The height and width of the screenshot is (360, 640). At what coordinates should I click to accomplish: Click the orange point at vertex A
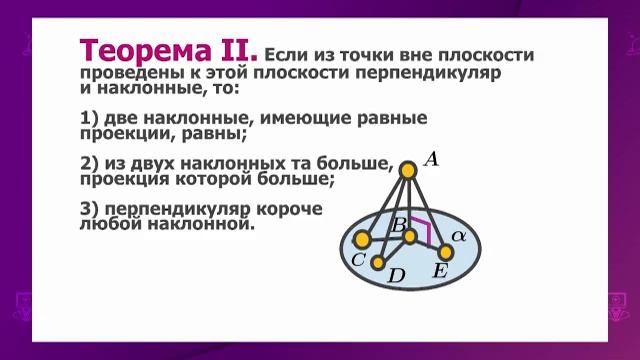click(408, 171)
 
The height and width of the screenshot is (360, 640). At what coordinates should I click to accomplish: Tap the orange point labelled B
click(410, 234)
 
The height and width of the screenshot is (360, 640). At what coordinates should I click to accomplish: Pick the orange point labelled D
click(378, 262)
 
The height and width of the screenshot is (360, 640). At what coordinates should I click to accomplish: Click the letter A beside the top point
click(432, 158)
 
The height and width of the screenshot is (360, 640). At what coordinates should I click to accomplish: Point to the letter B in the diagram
click(398, 225)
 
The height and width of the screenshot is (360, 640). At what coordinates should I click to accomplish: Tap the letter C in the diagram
click(358, 259)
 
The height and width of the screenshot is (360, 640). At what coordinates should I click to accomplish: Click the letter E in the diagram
click(439, 271)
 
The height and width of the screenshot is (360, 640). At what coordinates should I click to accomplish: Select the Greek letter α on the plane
click(459, 234)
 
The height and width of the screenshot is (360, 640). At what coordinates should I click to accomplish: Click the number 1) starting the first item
click(86, 118)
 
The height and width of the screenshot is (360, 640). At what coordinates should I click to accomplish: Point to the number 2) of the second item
click(86, 164)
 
